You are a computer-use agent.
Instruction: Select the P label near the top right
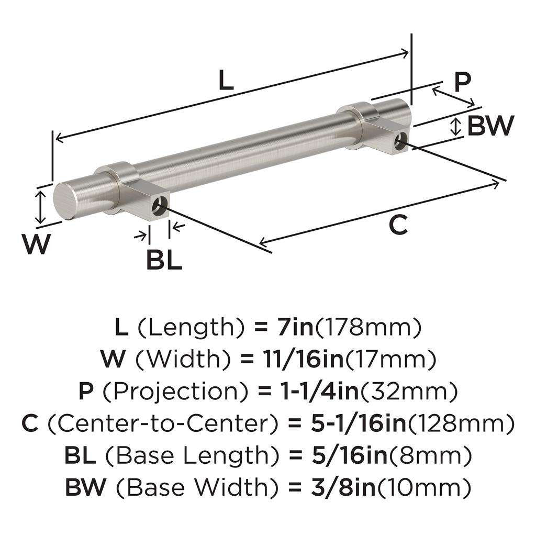coord(462,82)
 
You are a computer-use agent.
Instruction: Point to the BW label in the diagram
coord(490,126)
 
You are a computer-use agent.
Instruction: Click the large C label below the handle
coord(398,225)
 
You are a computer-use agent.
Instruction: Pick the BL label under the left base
coord(164,260)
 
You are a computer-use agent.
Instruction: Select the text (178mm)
coord(367,328)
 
